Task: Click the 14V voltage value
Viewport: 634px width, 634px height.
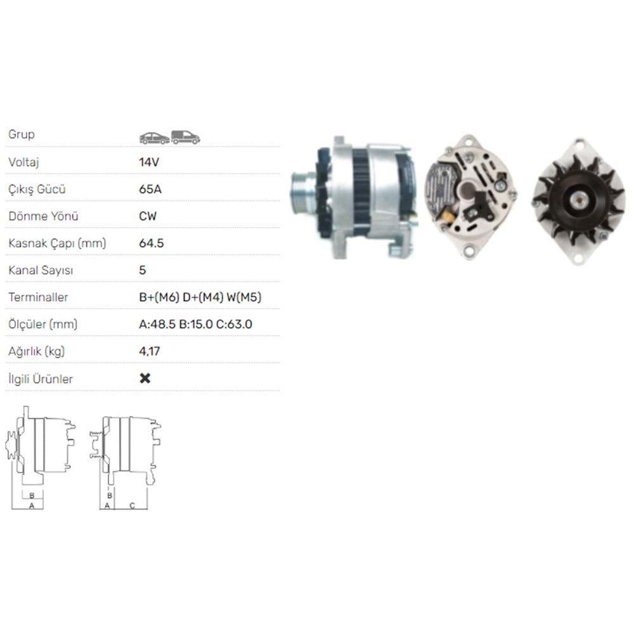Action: (x=148, y=162)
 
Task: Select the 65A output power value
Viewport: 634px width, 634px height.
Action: (x=149, y=189)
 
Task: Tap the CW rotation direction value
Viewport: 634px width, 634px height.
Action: (x=148, y=216)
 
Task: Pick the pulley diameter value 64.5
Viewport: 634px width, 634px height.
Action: (x=152, y=243)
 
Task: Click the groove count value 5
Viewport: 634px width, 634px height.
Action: (x=143, y=270)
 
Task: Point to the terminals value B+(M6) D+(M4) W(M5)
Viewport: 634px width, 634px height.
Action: (x=200, y=297)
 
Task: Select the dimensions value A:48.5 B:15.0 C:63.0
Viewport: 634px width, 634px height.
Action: (x=195, y=325)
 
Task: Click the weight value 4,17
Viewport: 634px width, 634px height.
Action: (x=148, y=351)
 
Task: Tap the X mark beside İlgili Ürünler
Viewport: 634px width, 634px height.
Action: (x=145, y=378)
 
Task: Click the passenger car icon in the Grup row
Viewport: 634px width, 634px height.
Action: (x=154, y=138)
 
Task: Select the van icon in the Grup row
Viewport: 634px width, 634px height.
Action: (x=186, y=137)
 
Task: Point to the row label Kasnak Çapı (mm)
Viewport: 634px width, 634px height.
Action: (x=57, y=243)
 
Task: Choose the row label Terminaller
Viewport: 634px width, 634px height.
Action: (x=38, y=297)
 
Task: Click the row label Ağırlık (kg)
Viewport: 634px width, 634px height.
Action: (x=37, y=351)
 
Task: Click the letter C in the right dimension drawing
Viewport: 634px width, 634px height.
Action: (x=132, y=505)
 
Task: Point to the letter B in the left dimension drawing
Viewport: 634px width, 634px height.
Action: (x=32, y=495)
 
